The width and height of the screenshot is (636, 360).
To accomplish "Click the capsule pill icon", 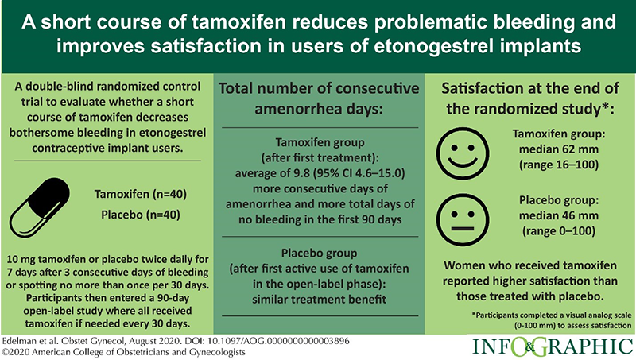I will tap(43, 203).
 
